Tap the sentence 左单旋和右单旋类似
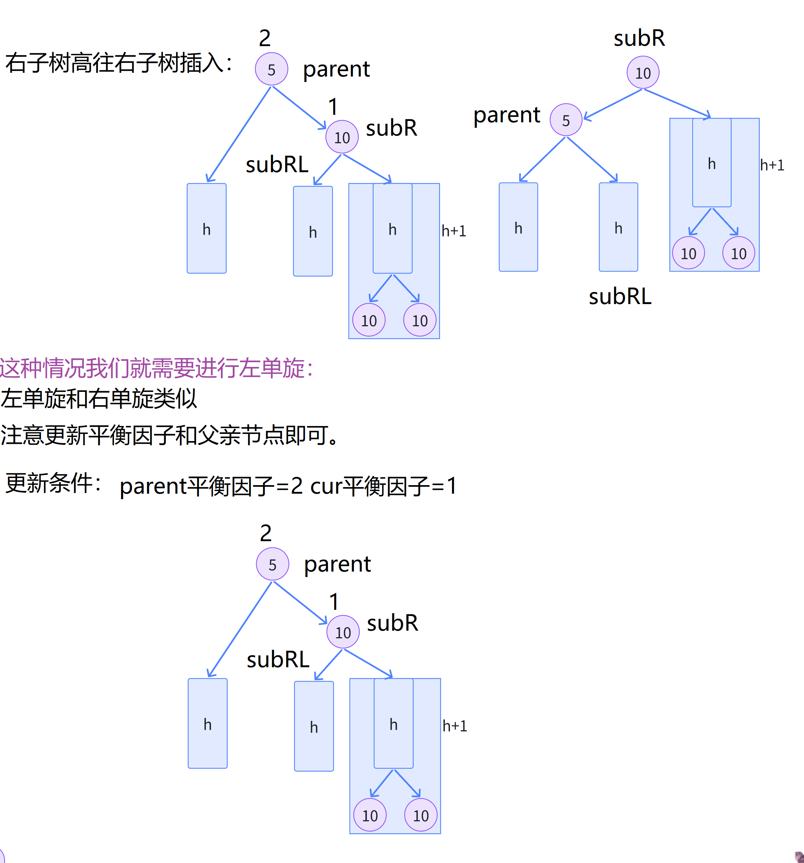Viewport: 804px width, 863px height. pos(99,398)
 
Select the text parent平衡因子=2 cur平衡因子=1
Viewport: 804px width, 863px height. pos(288,486)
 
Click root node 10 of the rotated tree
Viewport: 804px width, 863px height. pos(643,72)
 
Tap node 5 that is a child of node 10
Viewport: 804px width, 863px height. pos(566,120)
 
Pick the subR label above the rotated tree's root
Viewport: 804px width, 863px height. pos(639,38)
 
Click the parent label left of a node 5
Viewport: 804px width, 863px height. pos(506,115)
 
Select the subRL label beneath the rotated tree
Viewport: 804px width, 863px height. pos(620,297)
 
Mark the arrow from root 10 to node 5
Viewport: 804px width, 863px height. pos(613,104)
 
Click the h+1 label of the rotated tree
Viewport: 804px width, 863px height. pos(772,165)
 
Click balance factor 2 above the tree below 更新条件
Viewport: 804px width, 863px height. pos(266,533)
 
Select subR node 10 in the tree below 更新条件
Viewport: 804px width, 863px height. pos(343,632)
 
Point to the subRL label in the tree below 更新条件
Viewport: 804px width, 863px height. pos(278,660)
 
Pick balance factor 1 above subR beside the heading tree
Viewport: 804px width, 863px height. pos(333,107)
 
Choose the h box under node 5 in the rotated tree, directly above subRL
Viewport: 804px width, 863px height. pos(618,227)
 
